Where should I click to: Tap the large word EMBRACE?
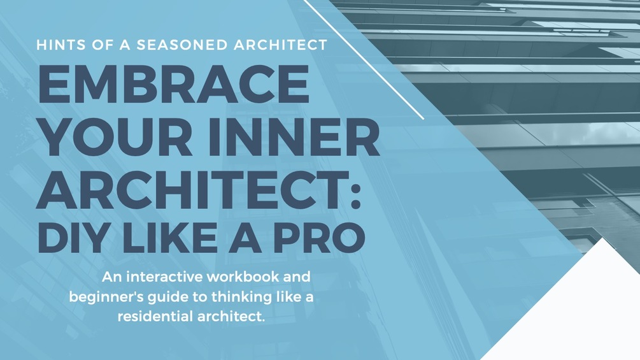(x=174, y=87)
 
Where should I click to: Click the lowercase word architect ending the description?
(x=231, y=317)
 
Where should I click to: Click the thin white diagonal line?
(x=363, y=59)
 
